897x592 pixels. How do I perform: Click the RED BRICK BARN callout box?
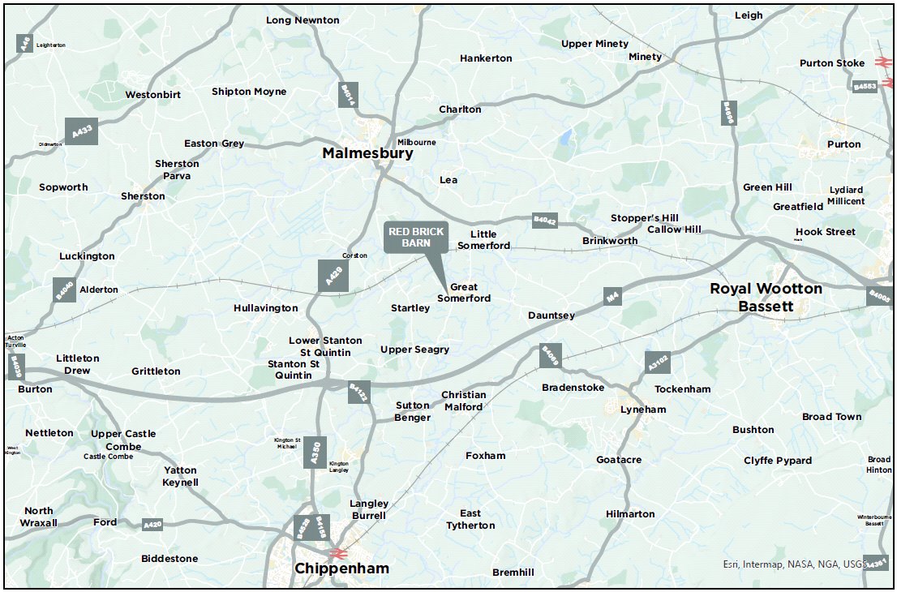pos(415,237)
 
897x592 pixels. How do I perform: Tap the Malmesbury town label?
pos(367,153)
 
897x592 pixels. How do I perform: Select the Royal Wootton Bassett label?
pos(766,297)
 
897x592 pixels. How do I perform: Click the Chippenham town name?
pos(341,568)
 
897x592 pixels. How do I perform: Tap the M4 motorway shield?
pos(612,298)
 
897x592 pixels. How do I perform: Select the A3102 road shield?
pos(658,362)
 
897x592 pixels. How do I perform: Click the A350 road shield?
pos(317,452)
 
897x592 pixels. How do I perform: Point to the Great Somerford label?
pos(464,293)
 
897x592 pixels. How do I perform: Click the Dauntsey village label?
pos(552,315)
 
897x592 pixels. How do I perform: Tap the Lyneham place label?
pos(642,410)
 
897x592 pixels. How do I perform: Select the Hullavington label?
pos(265,308)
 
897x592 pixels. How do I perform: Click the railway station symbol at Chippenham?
pos(339,553)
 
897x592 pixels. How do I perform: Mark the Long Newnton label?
pos(303,20)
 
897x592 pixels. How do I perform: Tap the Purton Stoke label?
pos(831,63)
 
